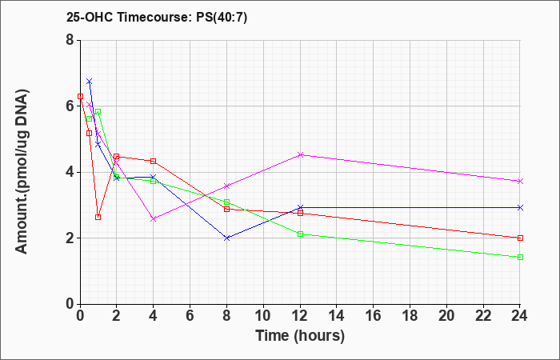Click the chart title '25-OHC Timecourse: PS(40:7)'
tap(157, 18)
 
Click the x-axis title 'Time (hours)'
tap(300, 336)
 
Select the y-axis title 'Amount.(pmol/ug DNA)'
tap(22, 172)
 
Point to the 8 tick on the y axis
tap(70, 40)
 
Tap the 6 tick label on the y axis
tap(70, 106)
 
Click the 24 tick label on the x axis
tap(520, 316)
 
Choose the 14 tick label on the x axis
tap(337, 316)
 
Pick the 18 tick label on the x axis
tap(410, 316)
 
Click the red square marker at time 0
tap(80, 97)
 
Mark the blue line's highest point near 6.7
tap(90, 82)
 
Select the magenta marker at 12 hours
tap(300, 154)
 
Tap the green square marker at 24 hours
tap(520, 257)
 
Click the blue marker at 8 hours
tap(226, 238)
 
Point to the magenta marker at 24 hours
tap(520, 182)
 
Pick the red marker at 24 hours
tap(520, 238)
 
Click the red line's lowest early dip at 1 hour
tap(98, 217)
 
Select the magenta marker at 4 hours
tap(154, 219)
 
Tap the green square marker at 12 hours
tap(300, 234)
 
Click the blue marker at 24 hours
tap(520, 207)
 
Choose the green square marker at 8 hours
tap(226, 202)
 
